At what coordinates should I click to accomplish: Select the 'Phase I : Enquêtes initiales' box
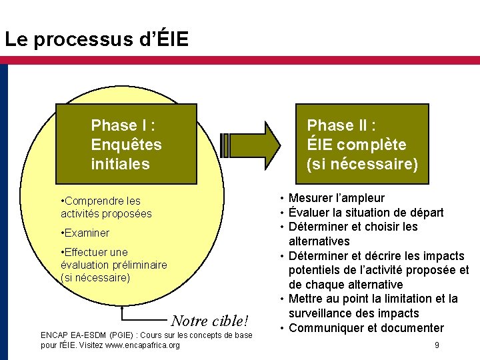(x=126, y=144)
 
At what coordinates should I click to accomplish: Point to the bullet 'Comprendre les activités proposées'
(x=106, y=207)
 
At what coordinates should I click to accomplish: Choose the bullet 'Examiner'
(x=85, y=233)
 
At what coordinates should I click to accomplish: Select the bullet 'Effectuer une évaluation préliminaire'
(x=113, y=265)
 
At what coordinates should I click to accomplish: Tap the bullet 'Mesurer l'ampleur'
(x=336, y=198)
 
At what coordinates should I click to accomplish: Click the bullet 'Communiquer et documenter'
(x=366, y=328)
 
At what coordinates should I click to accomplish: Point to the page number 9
(x=436, y=345)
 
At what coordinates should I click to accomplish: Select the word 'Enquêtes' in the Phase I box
(x=126, y=145)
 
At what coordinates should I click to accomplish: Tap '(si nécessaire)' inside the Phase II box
(x=362, y=164)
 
